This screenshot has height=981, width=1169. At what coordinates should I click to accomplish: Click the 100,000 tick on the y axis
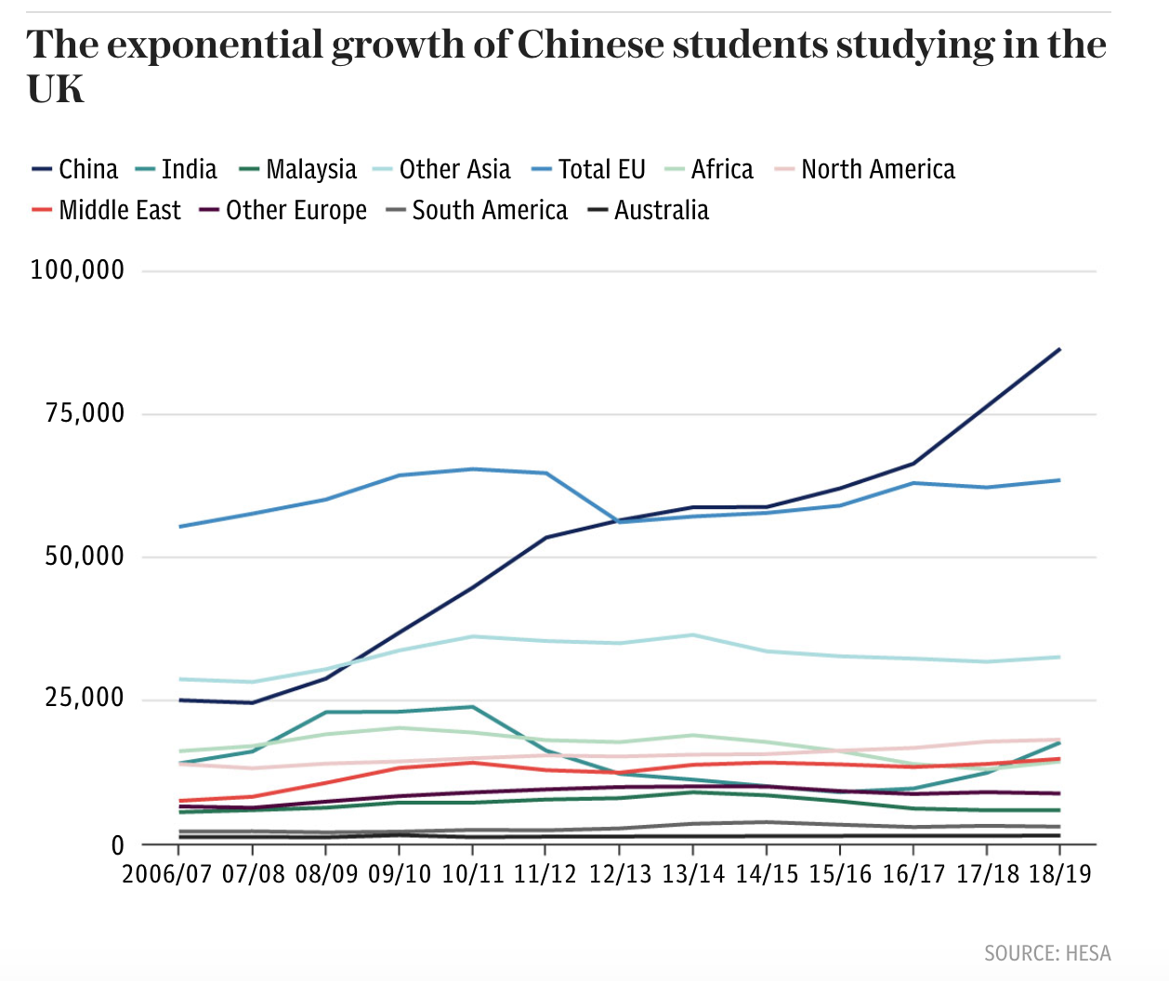(x=77, y=270)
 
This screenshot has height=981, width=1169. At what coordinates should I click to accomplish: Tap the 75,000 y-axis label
(x=85, y=413)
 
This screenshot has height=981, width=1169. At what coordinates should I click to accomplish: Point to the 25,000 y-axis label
(x=85, y=699)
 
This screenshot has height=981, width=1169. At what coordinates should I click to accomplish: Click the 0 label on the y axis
(x=117, y=845)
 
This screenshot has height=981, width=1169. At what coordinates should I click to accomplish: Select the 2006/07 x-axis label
(x=167, y=874)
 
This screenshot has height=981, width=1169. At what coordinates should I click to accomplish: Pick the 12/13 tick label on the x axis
(x=620, y=874)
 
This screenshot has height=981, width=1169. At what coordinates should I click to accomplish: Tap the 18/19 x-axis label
(x=1060, y=874)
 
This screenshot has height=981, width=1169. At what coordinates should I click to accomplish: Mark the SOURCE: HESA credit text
(x=1047, y=953)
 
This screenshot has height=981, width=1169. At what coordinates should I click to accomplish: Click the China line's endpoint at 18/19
(x=1059, y=349)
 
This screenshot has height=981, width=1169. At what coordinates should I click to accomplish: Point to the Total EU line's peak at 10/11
(x=473, y=469)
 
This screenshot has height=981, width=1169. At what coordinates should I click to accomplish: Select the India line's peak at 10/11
(x=473, y=707)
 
